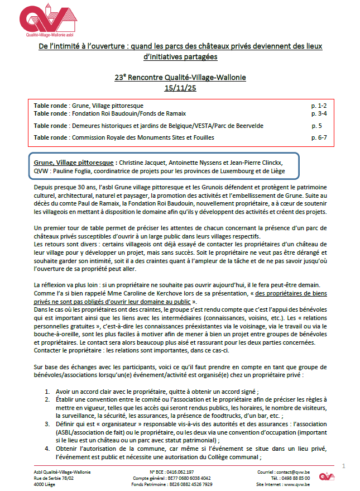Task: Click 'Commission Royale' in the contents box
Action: pyautogui.click(x=98, y=137)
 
